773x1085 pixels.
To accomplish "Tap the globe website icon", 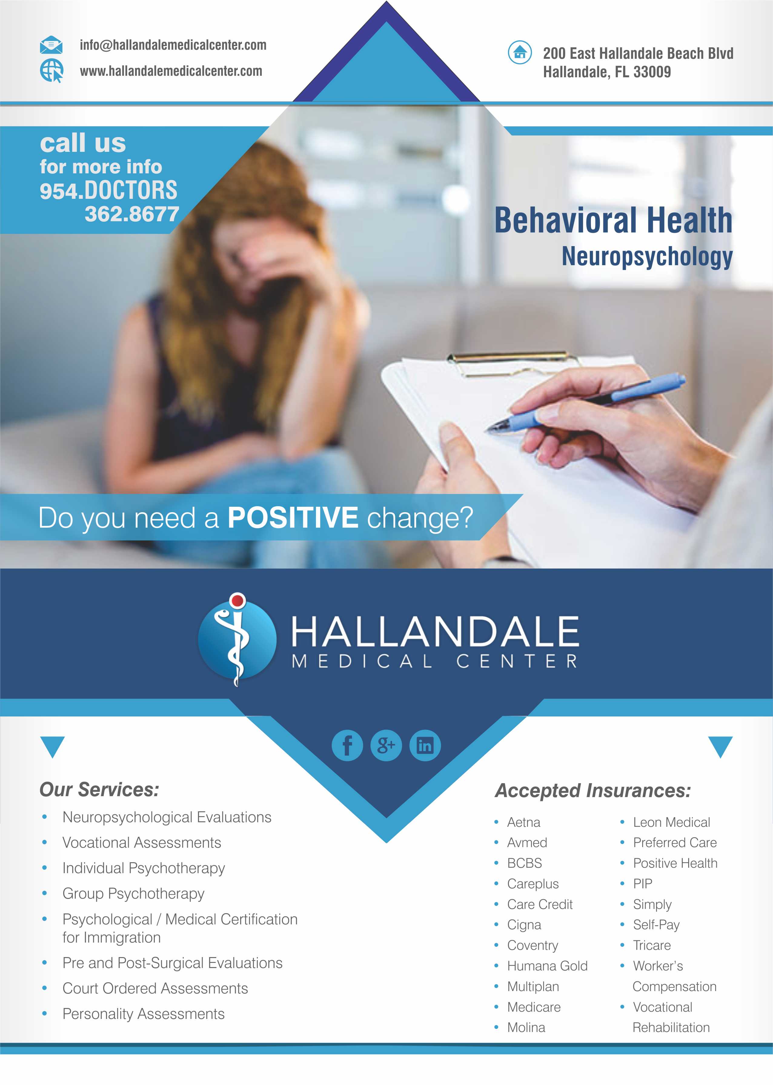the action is pyautogui.click(x=51, y=71).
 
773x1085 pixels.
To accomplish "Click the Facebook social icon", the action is pyautogui.click(x=347, y=745).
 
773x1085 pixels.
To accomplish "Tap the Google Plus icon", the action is pyautogui.click(x=386, y=745).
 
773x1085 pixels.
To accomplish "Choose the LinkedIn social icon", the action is pyautogui.click(x=425, y=745).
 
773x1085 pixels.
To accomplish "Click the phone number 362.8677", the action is pyautogui.click(x=132, y=214).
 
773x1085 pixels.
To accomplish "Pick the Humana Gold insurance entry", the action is pyautogui.click(x=547, y=966).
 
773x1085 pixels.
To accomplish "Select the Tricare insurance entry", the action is pyautogui.click(x=652, y=946).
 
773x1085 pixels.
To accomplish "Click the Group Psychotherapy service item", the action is pyautogui.click(x=133, y=893).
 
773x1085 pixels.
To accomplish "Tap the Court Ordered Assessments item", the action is pyautogui.click(x=155, y=988).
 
